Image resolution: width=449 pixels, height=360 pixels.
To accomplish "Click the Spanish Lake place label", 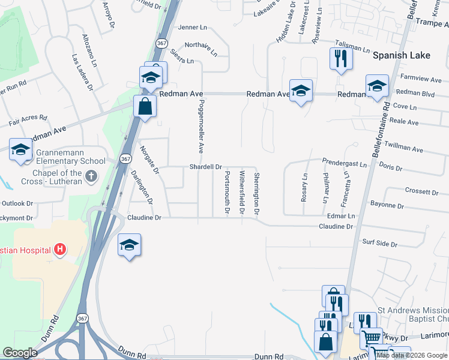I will [401, 55].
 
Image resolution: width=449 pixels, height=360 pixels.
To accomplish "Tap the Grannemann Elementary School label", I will [70, 161].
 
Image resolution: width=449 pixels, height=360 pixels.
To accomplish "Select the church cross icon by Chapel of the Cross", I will [91, 176].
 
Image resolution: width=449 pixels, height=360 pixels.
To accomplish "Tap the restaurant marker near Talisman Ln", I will [340, 59].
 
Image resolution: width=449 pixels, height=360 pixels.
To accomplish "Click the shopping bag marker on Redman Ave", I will [145, 107].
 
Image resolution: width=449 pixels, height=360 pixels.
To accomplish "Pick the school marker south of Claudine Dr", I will [129, 245].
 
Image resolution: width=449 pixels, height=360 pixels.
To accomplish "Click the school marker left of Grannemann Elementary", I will [20, 150].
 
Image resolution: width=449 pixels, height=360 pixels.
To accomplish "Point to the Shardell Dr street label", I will [206, 167].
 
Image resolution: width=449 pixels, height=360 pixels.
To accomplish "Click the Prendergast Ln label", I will [344, 163].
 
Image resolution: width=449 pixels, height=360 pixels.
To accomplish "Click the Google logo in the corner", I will [20, 352].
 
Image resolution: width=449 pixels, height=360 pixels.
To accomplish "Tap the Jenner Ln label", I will [193, 28].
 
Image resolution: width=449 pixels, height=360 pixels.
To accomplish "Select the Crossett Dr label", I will [422, 191].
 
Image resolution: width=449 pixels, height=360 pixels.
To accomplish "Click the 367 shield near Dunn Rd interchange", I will [82, 317].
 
